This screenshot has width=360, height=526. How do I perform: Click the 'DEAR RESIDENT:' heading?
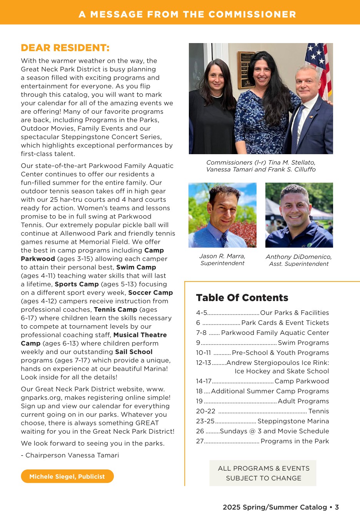65,48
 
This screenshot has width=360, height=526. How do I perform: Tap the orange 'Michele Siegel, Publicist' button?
67,476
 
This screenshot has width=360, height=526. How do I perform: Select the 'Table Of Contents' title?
242,298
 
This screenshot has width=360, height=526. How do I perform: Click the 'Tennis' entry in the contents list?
318,411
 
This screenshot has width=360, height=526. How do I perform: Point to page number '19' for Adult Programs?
199,401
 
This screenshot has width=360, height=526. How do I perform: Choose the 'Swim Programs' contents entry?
303,343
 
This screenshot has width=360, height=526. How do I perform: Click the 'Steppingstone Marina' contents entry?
293,421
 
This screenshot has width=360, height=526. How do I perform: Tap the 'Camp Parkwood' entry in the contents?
302,381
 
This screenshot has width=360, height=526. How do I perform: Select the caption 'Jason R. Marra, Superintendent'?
222,260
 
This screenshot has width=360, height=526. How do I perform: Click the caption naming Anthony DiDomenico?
298,260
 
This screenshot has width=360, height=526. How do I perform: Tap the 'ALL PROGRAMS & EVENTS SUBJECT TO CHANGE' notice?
263,473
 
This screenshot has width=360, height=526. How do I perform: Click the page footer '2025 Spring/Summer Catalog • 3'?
280,507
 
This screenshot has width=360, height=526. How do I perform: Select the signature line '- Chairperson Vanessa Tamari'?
70,455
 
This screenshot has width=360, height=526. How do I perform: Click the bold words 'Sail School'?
133,352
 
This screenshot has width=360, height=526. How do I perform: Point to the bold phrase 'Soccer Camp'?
150,293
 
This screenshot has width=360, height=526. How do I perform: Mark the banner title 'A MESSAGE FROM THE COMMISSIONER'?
187,14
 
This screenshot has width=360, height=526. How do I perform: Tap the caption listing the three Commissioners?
261,166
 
